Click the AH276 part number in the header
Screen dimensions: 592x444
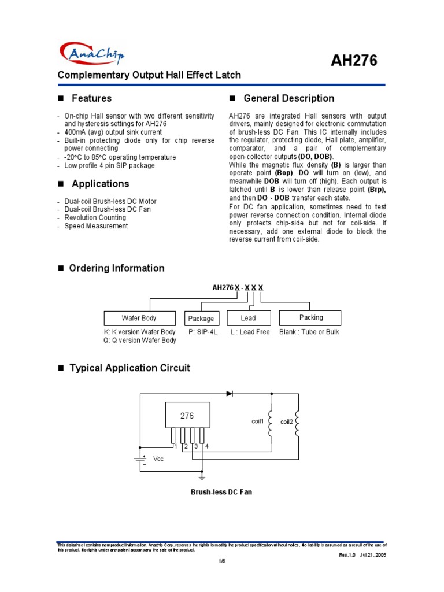pos(354,60)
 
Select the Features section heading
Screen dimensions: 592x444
pos(91,98)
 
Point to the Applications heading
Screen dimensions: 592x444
pos(100,184)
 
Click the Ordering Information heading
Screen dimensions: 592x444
pos(116,268)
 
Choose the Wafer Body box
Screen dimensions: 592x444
pos(139,318)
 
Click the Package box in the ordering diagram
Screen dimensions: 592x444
pos(201,319)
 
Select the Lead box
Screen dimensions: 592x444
pos(248,318)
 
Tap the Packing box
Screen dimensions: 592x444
pos(311,318)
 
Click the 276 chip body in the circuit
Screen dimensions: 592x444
pos(187,415)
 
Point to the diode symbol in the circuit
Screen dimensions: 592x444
pos(230,393)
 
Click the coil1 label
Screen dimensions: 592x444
pos(257,421)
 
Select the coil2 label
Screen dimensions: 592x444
pos(287,422)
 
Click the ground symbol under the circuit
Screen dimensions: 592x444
pos(202,478)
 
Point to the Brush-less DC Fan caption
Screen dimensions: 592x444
pos(221,492)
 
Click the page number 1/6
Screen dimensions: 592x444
pos(221,561)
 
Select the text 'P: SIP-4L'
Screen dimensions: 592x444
pos(203,332)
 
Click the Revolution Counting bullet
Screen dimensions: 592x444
pos(95,218)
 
